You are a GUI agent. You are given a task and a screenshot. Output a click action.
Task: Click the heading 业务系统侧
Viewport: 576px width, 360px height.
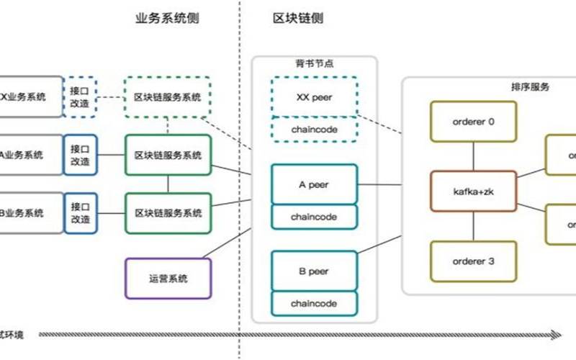point(167,19)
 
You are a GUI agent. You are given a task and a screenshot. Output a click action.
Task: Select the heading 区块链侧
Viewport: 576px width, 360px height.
point(298,19)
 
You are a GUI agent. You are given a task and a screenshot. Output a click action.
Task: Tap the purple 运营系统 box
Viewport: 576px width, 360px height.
point(168,278)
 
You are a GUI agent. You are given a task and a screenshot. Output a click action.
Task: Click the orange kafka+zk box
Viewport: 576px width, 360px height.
point(472,192)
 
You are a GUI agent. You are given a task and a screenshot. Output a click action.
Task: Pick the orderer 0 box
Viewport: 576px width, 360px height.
point(472,122)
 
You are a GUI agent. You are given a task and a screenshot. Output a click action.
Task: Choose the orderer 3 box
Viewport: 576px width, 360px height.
point(472,261)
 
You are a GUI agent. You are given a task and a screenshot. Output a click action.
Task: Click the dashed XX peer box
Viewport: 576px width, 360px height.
point(314,97)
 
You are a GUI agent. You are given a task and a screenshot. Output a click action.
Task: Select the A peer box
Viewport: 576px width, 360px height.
point(314,184)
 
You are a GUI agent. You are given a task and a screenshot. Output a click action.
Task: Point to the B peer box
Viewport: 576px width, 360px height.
point(314,271)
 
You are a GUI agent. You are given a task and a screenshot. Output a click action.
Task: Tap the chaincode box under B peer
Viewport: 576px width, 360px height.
point(314,303)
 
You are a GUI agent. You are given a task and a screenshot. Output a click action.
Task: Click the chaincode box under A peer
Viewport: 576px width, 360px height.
point(314,216)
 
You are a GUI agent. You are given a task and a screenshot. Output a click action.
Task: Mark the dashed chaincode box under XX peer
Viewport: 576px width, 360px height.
point(314,129)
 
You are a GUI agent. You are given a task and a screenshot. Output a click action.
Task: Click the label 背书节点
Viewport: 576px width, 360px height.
point(315,64)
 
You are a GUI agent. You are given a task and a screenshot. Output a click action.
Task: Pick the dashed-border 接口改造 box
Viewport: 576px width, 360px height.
point(80,96)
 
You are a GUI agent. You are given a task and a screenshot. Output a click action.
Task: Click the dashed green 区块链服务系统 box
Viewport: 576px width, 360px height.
point(168,97)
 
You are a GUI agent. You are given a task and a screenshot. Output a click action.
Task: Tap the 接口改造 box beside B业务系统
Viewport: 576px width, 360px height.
point(80,213)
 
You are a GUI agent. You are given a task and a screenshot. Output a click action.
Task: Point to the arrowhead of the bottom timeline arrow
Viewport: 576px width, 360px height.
point(556,335)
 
